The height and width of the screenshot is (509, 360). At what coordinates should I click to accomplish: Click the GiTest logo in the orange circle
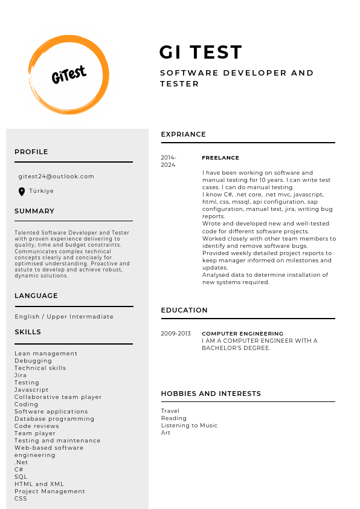point(69,75)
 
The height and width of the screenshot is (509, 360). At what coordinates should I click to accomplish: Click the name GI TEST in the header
point(201,53)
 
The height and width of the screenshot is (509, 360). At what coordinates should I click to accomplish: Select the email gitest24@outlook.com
point(56,177)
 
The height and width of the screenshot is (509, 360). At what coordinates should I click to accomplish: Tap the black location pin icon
point(22,192)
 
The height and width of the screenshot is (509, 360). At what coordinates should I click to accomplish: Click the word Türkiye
point(42,191)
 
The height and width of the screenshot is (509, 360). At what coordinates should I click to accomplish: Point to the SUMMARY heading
point(34,211)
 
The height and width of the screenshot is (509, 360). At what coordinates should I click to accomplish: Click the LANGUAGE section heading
point(36,296)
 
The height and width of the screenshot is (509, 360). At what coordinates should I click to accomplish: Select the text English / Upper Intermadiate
point(64,317)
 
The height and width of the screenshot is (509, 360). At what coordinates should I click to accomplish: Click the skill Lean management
point(46,354)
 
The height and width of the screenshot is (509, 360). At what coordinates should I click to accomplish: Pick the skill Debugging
point(33,361)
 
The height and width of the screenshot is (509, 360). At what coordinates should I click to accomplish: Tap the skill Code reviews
point(37,426)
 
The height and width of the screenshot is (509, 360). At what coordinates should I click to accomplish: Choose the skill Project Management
point(50,491)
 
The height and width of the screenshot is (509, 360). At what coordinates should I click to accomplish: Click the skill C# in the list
point(19,470)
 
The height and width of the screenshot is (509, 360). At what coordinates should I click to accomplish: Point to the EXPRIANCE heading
point(183,134)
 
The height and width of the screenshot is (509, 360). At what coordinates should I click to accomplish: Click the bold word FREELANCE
point(220,158)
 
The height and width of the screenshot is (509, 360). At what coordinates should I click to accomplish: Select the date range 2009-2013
point(175,334)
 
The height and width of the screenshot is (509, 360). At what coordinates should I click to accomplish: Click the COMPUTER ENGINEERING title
point(242,334)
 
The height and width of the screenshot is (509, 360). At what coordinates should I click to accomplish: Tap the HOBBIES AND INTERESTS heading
point(211,394)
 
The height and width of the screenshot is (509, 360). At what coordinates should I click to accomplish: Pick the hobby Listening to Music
point(189,426)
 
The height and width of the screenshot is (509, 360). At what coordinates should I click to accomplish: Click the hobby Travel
point(170,411)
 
